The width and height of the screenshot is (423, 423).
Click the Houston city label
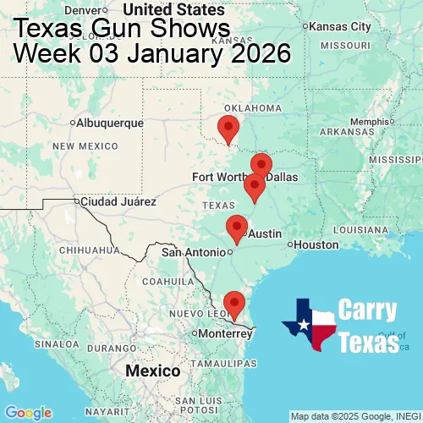pyautogui.click(x=317, y=244)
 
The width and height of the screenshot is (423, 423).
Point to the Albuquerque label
pyautogui.click(x=109, y=124)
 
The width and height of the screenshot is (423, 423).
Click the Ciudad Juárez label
pyautogui.click(x=118, y=202)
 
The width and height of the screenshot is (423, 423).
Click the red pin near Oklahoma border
pyautogui.click(x=228, y=129)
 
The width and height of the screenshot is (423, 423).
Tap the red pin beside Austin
pyautogui.click(x=237, y=228)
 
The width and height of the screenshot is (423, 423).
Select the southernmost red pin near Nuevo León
pyautogui.click(x=233, y=303)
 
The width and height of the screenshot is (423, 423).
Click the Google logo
pyautogui.click(x=27, y=412)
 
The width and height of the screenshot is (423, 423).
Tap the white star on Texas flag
pyautogui.click(x=301, y=326)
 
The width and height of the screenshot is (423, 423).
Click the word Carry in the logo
pyautogui.click(x=368, y=310)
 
